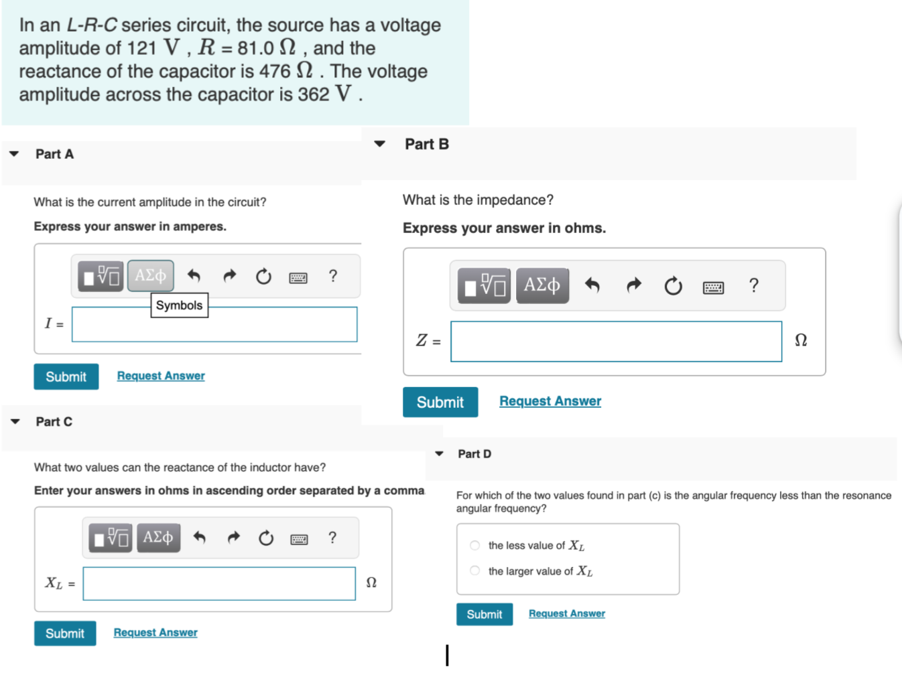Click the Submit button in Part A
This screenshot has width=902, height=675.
tap(66, 377)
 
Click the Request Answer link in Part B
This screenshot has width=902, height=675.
tap(550, 401)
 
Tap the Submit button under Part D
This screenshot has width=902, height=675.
tap(484, 614)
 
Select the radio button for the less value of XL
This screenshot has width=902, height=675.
tap(475, 545)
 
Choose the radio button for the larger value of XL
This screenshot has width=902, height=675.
tap(475, 571)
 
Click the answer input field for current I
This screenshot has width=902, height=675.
tap(214, 325)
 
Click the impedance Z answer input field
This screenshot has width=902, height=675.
tap(616, 342)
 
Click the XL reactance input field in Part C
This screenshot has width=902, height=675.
tap(219, 584)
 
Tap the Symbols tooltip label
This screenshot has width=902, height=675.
tap(179, 305)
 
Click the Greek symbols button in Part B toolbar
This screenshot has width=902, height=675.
tap(542, 285)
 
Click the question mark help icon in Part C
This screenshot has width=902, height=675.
tap(332, 538)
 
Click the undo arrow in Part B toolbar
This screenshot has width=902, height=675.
tap(592, 285)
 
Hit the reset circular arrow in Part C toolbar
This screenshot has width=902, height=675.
tap(266, 538)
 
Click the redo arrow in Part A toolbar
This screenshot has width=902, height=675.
tap(230, 276)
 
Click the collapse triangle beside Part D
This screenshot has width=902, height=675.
tap(440, 454)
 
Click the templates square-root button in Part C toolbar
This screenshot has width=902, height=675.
tap(111, 538)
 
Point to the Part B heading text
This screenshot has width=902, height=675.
tap(427, 144)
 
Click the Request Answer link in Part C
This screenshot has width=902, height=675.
tap(155, 633)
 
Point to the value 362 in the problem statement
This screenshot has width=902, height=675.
tap(314, 94)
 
